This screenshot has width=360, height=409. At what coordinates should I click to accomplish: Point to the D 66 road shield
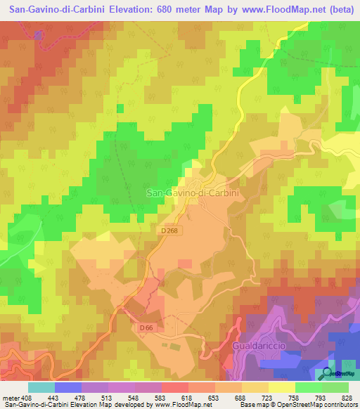click(146, 327)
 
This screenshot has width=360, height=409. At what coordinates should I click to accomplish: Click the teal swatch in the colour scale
click(41, 387)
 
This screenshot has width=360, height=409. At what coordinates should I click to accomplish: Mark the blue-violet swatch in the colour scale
click(68, 387)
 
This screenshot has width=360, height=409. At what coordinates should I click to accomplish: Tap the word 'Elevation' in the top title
click(120, 9)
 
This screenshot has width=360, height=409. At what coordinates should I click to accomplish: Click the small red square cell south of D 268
click(186, 264)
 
